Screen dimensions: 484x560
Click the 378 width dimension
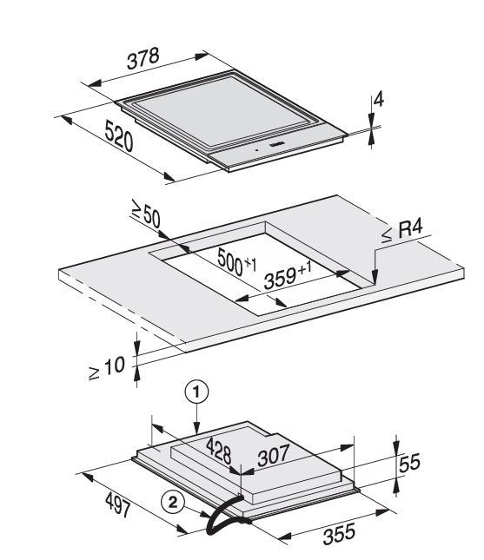pos(143,58)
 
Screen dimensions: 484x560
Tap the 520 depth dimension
pos(119,135)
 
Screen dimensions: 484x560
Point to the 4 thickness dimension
pos(379,99)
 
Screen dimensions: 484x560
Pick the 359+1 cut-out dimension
pos(288,275)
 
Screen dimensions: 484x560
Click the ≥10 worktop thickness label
pos(107,368)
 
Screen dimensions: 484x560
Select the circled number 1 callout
pos(196,392)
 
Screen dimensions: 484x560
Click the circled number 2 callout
pos(173,503)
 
